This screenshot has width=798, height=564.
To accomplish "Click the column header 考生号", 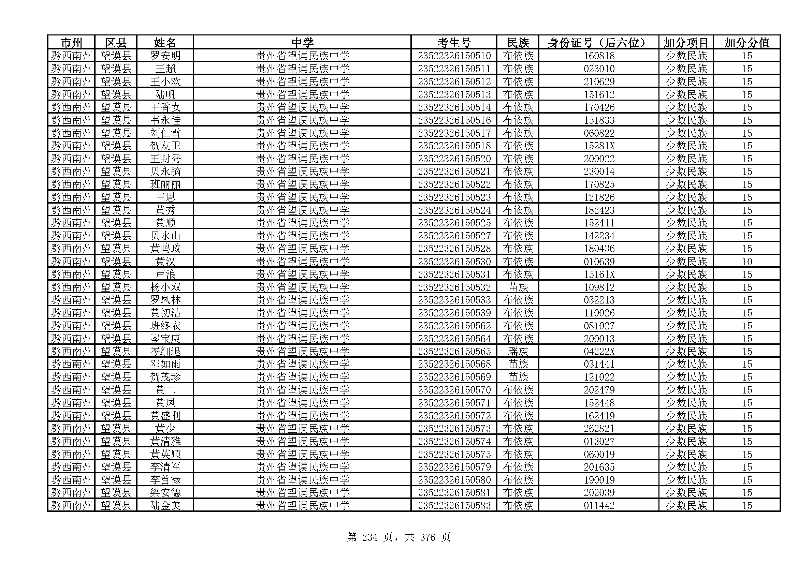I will tap(453, 43).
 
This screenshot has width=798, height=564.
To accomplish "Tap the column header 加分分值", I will tap(746, 43).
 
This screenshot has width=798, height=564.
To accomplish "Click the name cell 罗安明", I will tap(165, 56).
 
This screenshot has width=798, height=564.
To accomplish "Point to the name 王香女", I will tap(165, 107).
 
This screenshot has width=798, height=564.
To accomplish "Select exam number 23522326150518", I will tap(454, 146).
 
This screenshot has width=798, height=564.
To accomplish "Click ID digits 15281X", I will tap(599, 146).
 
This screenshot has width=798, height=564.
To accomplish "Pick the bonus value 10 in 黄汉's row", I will tap(747, 262).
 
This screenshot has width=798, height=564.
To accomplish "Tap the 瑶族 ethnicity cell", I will tap(518, 352).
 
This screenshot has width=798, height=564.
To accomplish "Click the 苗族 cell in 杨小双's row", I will tap(518, 287).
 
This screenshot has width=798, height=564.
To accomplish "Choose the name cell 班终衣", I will tap(165, 326).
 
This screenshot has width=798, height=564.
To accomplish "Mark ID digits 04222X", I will tap(599, 352).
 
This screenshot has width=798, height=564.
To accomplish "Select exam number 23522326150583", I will tap(454, 505).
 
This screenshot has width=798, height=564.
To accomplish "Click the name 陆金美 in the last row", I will tap(165, 505).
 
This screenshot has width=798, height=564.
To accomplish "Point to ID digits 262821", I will tap(599, 428).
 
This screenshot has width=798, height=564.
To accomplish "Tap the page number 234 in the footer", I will tap(369, 538).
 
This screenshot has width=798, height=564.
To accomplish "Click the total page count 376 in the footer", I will tap(427, 538).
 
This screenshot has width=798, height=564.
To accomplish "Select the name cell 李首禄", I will tap(165, 480).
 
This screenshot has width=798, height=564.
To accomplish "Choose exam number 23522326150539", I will tap(454, 313).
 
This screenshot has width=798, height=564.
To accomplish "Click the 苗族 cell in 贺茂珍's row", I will tap(518, 377).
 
